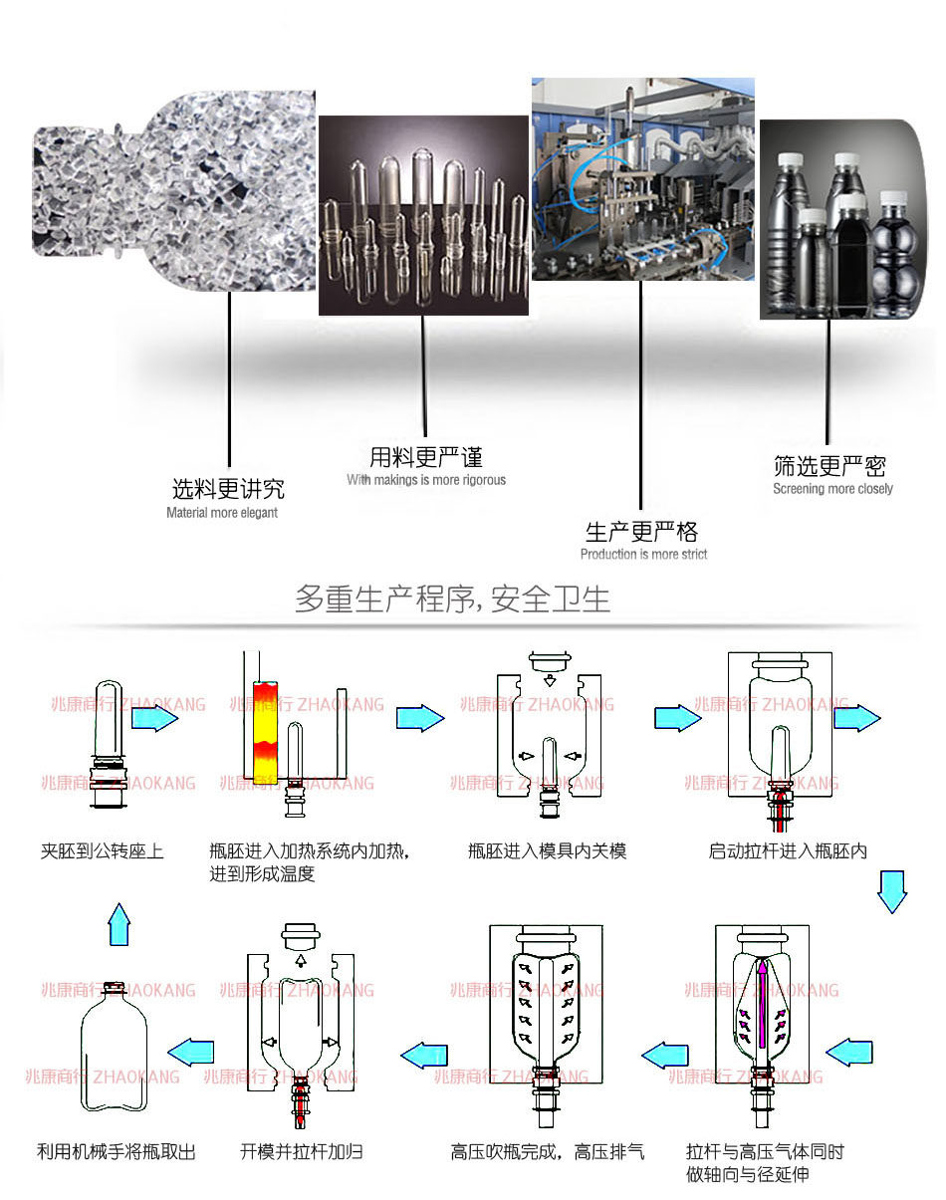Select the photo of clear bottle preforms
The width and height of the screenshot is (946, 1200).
[423, 214]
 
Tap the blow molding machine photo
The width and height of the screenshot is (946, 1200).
[642, 179]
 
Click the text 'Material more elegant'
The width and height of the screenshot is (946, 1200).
[222, 513]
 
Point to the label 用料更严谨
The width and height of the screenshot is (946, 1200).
[426, 458]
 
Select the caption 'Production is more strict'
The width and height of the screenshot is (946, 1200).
[643, 554]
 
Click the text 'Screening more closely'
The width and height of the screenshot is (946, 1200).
[832, 489]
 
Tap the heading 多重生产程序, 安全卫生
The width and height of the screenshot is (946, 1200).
[452, 600]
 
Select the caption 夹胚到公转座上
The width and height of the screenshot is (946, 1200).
[103, 851]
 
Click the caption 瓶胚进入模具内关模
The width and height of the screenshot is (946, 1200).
[548, 851]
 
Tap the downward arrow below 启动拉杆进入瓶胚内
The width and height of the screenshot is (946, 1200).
[891, 890]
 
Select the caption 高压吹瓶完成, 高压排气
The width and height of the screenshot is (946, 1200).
[548, 1152]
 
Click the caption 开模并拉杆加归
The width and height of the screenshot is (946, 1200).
[302, 1152]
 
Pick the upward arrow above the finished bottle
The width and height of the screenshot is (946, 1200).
[119, 924]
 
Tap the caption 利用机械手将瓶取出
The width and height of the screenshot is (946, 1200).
[117, 1152]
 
